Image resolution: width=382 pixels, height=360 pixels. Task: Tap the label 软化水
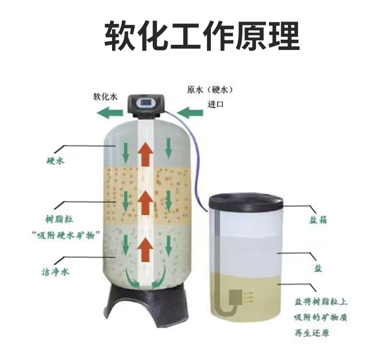point(108,95)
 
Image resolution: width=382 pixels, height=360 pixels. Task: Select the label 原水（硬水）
point(209,89)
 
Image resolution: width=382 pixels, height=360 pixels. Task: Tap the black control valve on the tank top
point(147,105)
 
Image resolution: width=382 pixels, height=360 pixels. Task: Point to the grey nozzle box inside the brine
point(237,296)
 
